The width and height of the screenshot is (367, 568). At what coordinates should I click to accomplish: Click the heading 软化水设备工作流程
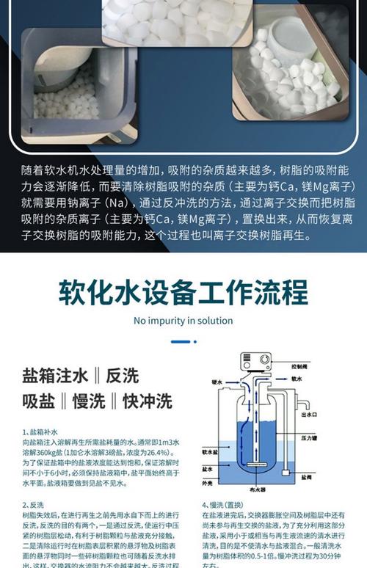[183, 291]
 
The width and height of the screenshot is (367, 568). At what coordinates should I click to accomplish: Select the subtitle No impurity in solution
[183, 321]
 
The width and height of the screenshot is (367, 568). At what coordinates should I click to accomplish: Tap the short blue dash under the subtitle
[183, 341]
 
